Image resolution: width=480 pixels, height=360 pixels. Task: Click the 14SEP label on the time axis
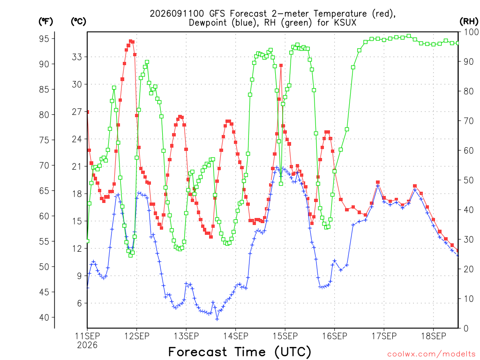tap(235, 336)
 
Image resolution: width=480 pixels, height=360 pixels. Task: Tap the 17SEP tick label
tap(384, 336)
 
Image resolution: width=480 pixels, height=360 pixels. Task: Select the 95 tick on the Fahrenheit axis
tap(44, 39)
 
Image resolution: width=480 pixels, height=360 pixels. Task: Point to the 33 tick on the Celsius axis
tap(77, 57)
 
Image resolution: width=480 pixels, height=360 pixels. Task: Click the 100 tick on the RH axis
tap(471, 32)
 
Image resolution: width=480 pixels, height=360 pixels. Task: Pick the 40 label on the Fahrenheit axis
tap(44, 317)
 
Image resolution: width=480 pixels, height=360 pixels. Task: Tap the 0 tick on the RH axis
tap(466, 329)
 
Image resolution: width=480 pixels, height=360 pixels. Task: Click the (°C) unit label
tap(78, 22)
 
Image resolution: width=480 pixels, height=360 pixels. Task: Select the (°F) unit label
tap(46, 22)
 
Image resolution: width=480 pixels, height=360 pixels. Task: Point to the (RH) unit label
tap(469, 22)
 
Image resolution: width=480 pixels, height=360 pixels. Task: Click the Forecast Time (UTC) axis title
tap(240, 352)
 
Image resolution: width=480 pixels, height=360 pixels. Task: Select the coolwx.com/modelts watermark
tap(431, 354)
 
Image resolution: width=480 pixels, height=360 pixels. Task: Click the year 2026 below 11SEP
tap(87, 345)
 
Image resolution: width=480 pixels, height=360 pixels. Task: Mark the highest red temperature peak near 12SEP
tap(131, 41)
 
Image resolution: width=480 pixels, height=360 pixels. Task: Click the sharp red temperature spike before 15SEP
tap(281, 65)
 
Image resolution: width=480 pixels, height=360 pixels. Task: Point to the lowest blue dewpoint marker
tap(217, 319)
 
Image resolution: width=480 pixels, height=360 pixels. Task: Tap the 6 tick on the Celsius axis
tap(80, 303)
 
